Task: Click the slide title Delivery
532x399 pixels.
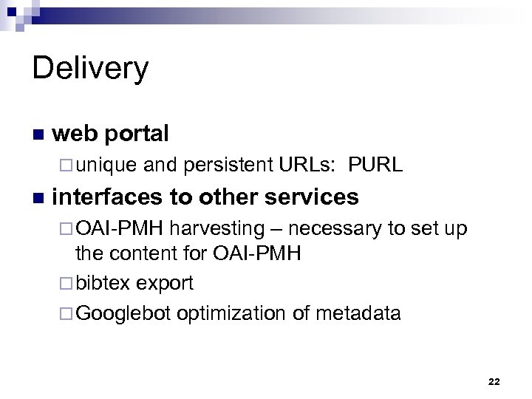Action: (90, 69)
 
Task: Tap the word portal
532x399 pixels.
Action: (137, 134)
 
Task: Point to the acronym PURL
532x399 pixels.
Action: (377, 165)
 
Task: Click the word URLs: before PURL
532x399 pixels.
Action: (305, 165)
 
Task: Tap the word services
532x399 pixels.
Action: (313, 197)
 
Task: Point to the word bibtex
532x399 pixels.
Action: (105, 283)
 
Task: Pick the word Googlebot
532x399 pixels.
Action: (123, 313)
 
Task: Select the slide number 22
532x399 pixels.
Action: (494, 381)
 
